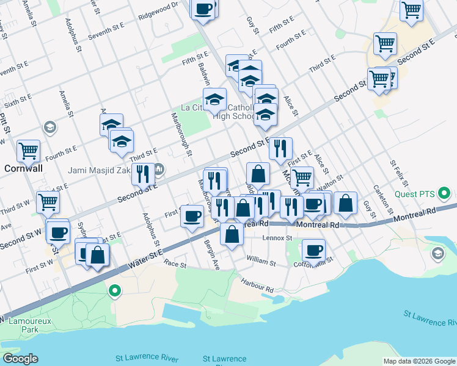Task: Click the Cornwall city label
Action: click(x=23, y=167)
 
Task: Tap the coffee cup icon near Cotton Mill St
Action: click(x=313, y=249)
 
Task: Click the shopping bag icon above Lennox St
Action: click(x=232, y=234)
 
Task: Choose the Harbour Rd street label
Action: click(x=257, y=285)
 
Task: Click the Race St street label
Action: click(x=175, y=266)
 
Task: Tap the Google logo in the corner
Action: click(x=20, y=359)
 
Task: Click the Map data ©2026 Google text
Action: click(x=419, y=361)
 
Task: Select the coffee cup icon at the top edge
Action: click(x=204, y=9)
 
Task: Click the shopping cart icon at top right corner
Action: click(x=412, y=9)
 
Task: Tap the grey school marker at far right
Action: click(x=437, y=253)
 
